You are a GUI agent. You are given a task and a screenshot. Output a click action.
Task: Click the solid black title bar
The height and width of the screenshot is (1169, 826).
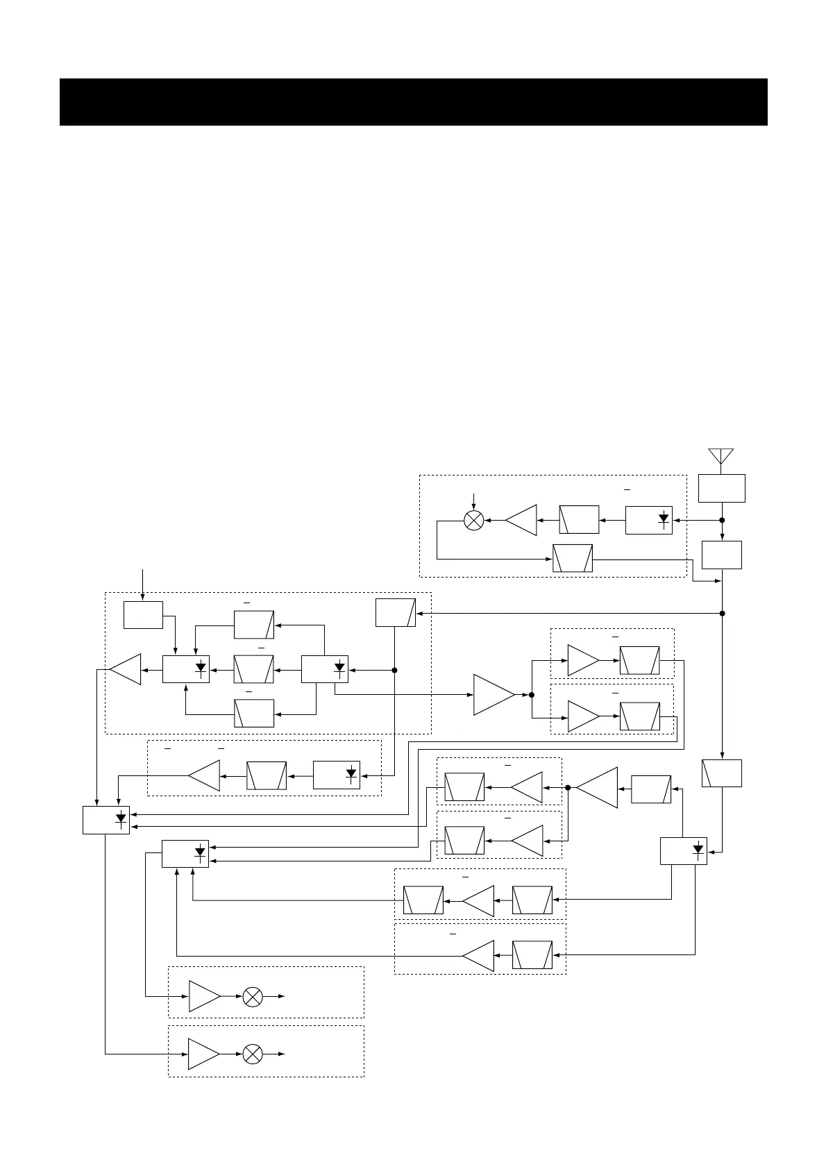(x=413, y=102)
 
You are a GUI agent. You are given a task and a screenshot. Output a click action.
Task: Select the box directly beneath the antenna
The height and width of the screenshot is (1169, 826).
(x=722, y=488)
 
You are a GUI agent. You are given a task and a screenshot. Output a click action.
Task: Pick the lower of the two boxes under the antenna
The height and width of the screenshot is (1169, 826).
(x=722, y=555)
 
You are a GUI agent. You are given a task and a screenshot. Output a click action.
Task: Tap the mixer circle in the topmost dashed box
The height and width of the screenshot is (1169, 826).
(x=473, y=521)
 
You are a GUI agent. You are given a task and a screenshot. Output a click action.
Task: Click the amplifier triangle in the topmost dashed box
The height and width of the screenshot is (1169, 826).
(x=522, y=521)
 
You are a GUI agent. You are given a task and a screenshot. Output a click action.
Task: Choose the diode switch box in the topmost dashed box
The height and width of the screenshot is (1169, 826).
(x=648, y=521)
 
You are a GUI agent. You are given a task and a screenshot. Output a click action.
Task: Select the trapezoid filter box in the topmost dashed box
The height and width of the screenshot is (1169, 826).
(x=573, y=559)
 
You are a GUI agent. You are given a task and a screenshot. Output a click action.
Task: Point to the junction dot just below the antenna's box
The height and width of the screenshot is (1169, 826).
(x=722, y=520)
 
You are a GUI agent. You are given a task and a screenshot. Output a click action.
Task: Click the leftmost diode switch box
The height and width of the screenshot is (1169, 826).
(x=106, y=820)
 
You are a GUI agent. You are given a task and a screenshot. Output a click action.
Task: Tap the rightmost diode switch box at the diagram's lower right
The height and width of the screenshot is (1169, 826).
(x=684, y=851)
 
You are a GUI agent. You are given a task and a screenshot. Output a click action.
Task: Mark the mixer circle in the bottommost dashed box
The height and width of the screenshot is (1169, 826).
(x=253, y=1054)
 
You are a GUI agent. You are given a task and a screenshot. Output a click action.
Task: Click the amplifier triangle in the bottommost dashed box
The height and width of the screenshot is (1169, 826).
(x=203, y=1054)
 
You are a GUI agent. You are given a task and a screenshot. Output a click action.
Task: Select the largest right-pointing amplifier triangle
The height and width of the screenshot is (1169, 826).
(x=493, y=694)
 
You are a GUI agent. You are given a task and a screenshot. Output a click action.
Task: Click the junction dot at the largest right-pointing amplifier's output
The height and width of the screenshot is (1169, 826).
(x=532, y=694)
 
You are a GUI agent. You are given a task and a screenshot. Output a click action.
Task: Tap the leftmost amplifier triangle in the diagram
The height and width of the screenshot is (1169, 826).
(x=126, y=670)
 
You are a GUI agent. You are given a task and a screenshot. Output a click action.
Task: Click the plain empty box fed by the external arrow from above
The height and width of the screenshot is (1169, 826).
(x=143, y=615)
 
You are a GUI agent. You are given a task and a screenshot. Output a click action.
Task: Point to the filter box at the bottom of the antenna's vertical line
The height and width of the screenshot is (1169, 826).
(x=722, y=773)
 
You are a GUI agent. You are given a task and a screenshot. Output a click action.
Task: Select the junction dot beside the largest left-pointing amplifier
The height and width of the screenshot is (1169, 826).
(x=568, y=788)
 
